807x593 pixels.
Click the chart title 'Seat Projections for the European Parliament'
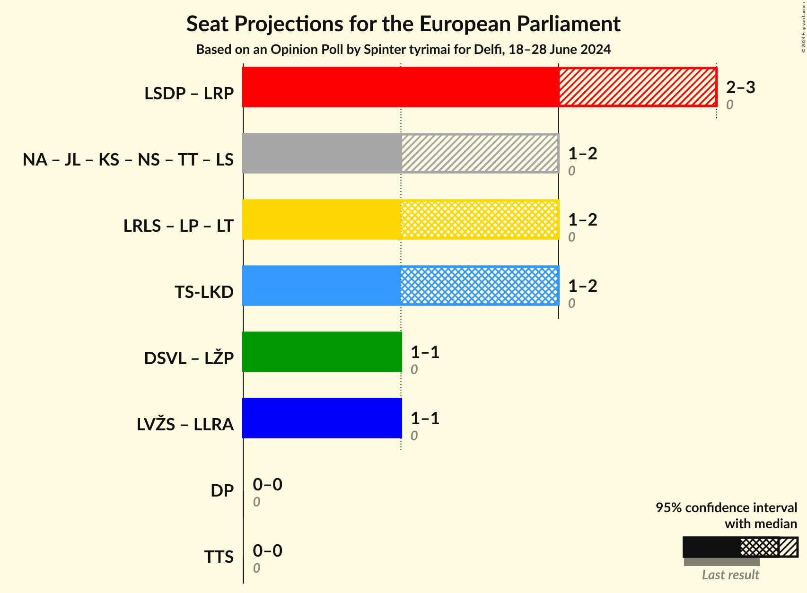point(403,24)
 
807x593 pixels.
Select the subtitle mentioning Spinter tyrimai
point(403,50)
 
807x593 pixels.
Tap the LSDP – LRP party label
point(189,94)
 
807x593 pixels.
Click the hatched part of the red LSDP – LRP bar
point(637,87)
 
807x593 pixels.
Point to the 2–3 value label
point(740,87)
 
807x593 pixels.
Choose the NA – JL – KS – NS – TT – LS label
point(128,160)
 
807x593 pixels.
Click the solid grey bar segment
point(322,153)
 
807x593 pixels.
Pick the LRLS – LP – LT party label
point(178,226)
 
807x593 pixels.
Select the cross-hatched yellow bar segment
point(480,219)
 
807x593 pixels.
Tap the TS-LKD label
point(204,292)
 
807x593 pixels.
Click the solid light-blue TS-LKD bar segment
point(322,286)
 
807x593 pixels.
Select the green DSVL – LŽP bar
point(322,352)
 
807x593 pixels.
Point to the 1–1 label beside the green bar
point(425,352)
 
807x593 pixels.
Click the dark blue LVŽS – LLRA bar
point(322,418)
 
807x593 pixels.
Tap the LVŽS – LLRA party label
point(185,425)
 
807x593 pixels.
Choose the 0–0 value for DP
point(267,485)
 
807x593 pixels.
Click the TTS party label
point(219,557)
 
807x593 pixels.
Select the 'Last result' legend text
point(730,575)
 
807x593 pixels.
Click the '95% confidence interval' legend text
point(726,508)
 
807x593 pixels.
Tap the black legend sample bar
point(711,547)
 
